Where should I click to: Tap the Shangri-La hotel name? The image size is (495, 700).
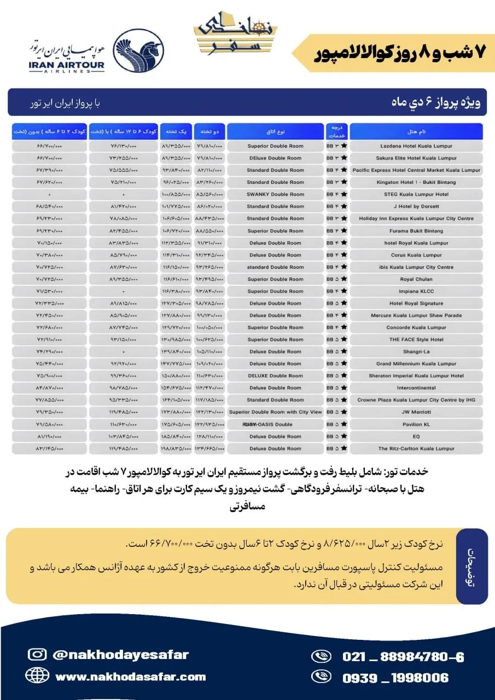pos(416,352)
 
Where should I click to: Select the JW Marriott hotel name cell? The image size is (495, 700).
pos(416,412)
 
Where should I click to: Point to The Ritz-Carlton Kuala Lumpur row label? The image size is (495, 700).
pos(416,448)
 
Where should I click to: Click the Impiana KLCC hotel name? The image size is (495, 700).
pos(416,291)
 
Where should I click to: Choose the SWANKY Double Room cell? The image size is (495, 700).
pos(275,194)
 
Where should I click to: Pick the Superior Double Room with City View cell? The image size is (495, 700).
pos(275,412)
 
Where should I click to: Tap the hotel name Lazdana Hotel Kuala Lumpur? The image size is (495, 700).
pos(416,146)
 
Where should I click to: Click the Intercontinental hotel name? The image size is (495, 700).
pos(416,388)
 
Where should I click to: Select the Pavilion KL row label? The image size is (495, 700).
pos(416,424)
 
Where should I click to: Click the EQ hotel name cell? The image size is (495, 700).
pos(416,436)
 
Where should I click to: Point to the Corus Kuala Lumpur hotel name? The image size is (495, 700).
pos(416,255)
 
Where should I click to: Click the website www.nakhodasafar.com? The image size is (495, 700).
pos(130,677)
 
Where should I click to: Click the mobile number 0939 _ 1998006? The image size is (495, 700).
pos(395,678)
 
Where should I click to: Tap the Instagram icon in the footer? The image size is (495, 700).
pos(37,655)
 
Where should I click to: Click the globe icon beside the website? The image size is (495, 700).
pos(37,676)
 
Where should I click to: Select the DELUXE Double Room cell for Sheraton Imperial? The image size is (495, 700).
pos(275,376)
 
